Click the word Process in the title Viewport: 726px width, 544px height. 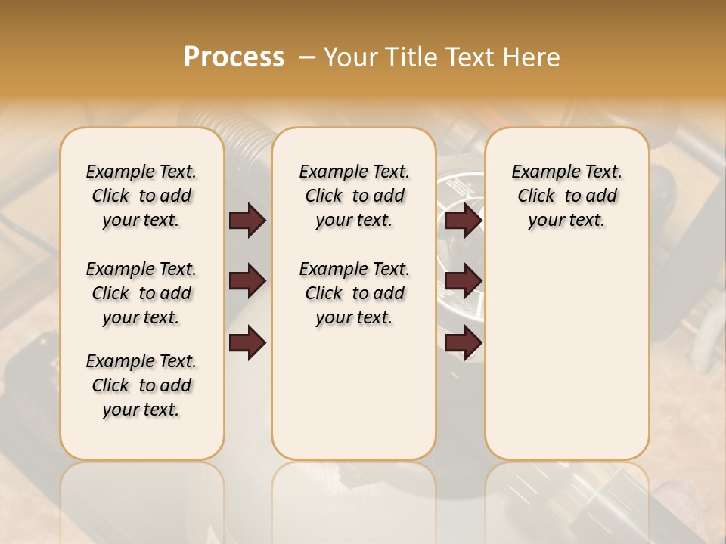[234, 57]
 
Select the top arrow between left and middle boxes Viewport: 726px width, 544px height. [247, 220]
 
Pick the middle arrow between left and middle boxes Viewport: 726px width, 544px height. [247, 281]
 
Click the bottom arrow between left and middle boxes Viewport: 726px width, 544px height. [247, 343]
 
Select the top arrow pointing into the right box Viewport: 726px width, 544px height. [463, 220]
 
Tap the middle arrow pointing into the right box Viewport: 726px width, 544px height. [463, 281]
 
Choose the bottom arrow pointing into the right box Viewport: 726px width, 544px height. [463, 343]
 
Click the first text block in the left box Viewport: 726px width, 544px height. [141, 196]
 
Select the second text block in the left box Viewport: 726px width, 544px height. [141, 293]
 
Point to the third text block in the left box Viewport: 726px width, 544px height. [141, 385]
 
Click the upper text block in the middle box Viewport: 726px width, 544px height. [354, 196]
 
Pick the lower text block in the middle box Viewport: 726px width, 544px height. [354, 293]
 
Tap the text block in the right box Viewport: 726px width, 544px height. [566, 196]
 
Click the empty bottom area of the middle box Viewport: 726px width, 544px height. [354, 400]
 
